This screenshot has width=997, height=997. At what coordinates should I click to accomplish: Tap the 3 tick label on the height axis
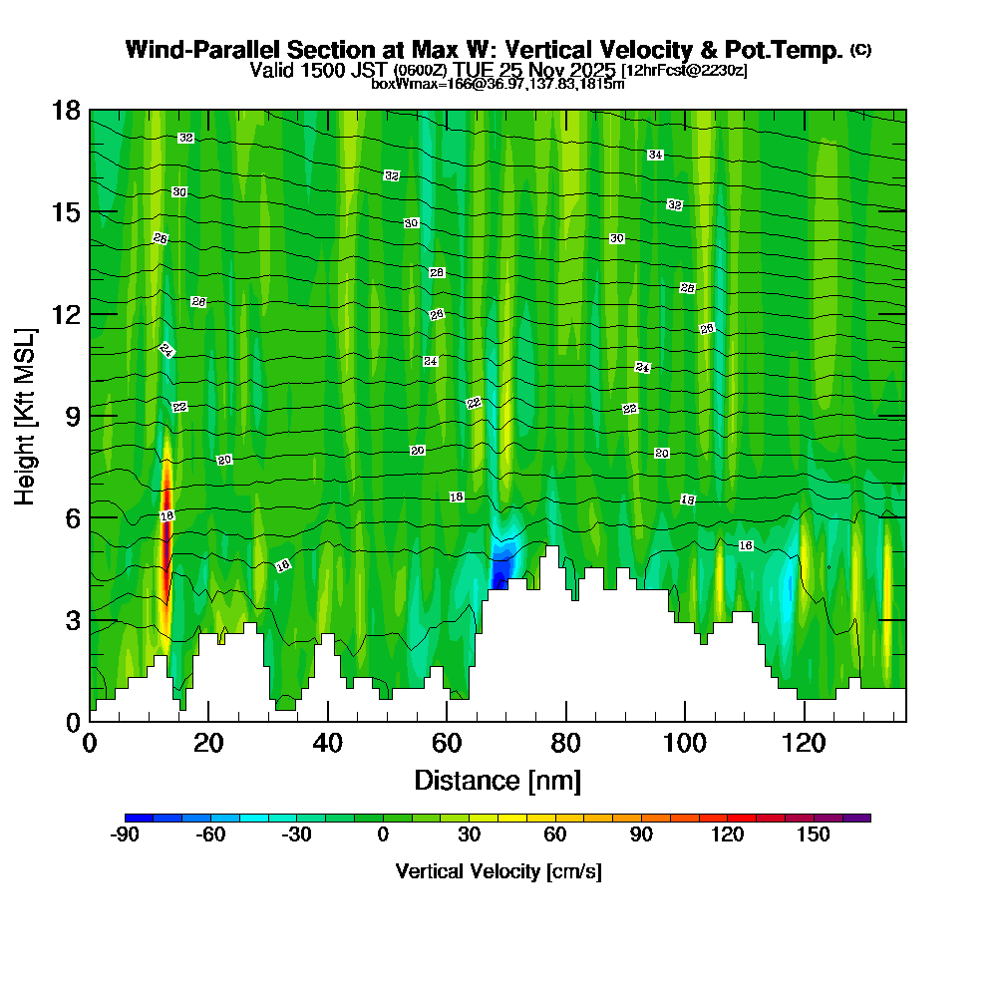72,620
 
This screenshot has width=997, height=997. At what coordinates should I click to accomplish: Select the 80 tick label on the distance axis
566,743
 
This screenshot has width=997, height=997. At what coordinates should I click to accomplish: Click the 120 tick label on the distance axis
805,743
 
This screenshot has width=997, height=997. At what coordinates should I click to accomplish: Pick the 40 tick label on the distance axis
328,743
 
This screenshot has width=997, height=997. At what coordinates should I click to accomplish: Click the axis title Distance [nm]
498,780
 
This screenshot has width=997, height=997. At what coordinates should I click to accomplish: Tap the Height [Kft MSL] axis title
26,415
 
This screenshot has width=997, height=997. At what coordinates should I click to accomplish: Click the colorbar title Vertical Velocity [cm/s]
498,871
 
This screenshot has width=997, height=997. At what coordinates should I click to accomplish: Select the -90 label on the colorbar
125,835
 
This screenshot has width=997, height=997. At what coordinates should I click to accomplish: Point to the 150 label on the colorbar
814,835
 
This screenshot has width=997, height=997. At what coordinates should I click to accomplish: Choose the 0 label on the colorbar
383,835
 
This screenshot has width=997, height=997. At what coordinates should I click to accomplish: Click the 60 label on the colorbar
555,835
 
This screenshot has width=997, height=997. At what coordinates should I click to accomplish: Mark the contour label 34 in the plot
655,155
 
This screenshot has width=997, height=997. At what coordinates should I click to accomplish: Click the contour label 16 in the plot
746,545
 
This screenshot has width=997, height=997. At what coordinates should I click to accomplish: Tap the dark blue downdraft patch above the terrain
500,571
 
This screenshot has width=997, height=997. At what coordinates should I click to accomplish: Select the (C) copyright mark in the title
860,50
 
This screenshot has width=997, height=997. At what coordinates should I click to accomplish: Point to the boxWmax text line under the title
498,84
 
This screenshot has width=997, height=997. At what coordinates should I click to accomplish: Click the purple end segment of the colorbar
856,818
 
